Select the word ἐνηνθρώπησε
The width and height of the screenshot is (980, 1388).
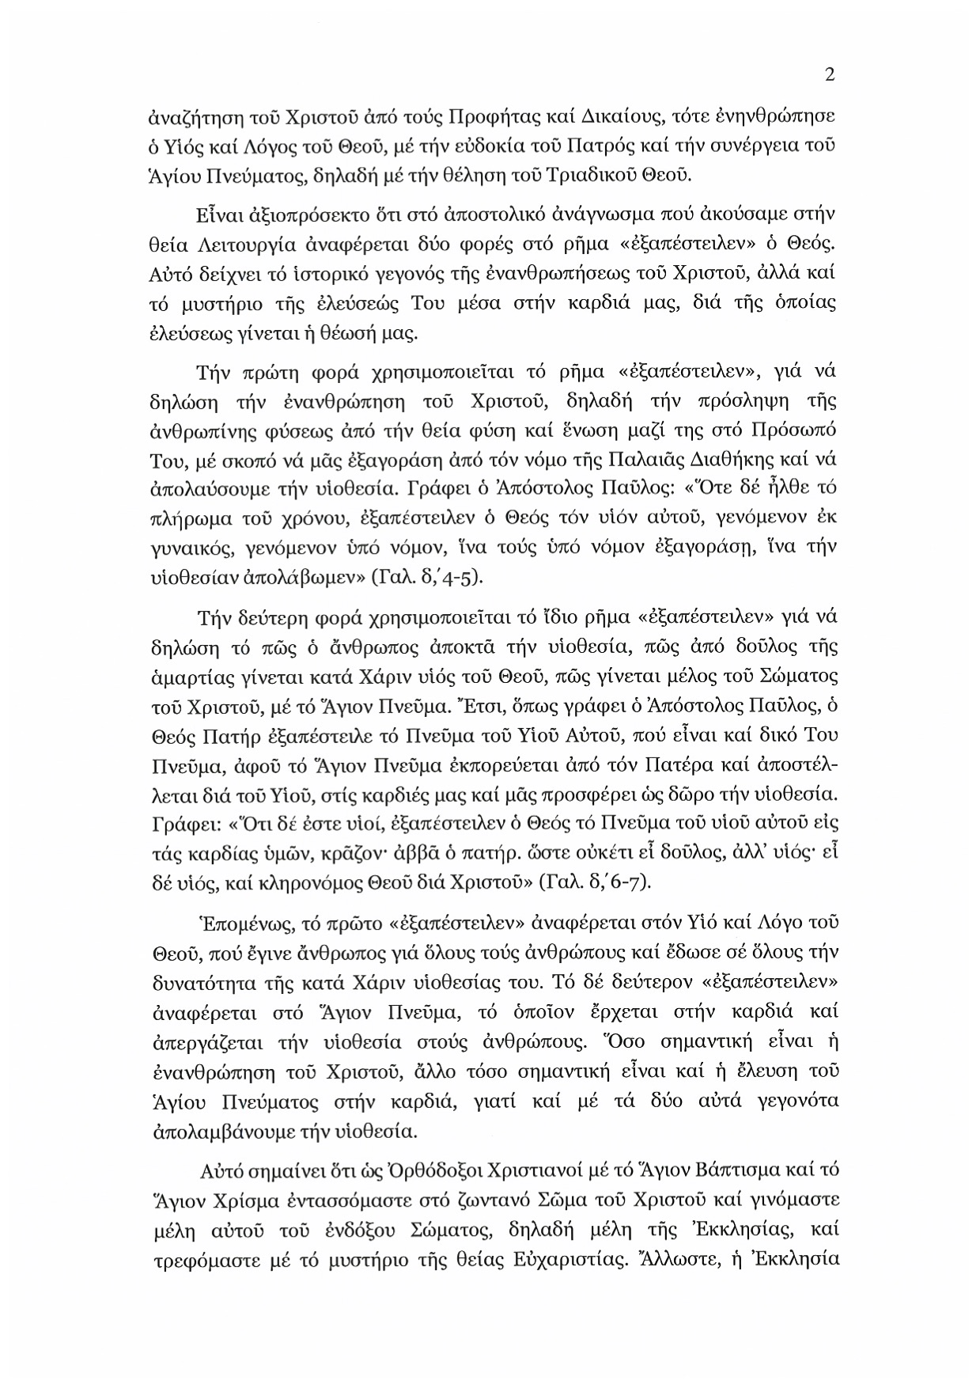780,118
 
